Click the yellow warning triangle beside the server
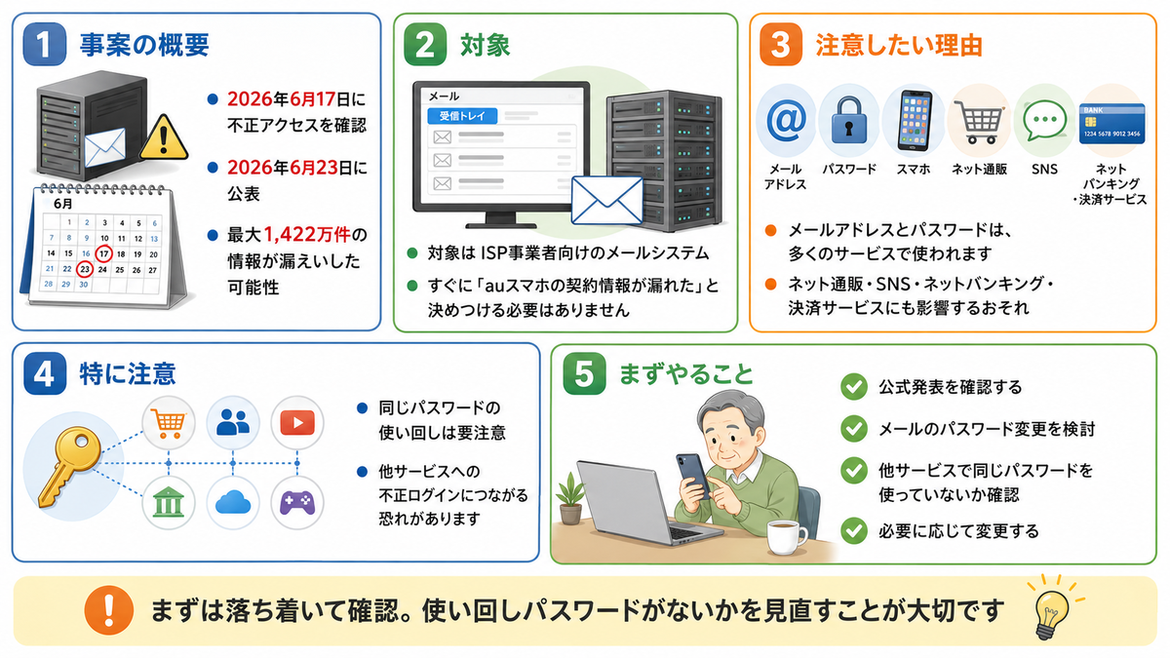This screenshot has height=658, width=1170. tap(164, 138)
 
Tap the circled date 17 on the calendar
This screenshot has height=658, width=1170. tap(104, 253)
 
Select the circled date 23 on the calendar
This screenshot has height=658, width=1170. tap(85, 269)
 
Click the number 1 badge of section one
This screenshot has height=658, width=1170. tap(45, 45)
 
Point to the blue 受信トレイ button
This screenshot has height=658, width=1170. tap(462, 116)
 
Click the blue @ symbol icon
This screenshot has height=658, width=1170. tap(786, 121)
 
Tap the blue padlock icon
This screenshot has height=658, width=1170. tap(849, 121)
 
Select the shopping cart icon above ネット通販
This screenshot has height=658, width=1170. tap(978, 122)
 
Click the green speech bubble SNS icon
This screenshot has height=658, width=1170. tap(1044, 121)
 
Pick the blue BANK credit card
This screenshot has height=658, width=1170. tap(1112, 124)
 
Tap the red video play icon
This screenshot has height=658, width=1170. tap(297, 423)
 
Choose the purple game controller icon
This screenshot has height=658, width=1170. tap(297, 503)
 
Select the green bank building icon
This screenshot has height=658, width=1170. tap(168, 502)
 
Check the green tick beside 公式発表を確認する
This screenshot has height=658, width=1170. tap(854, 387)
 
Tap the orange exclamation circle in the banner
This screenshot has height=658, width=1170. tap(108, 610)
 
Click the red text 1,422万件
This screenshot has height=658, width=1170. tap(306, 235)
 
